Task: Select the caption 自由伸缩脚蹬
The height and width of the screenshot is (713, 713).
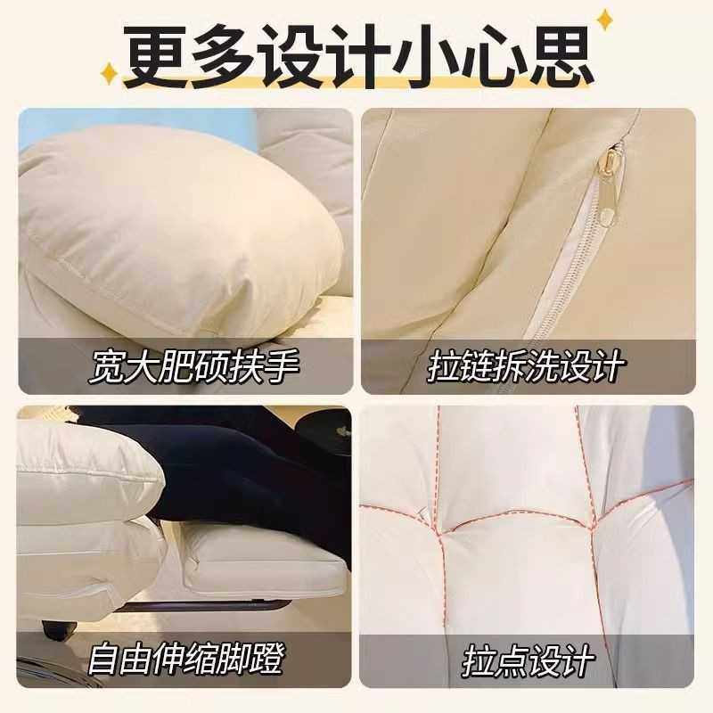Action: pos(185,660)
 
